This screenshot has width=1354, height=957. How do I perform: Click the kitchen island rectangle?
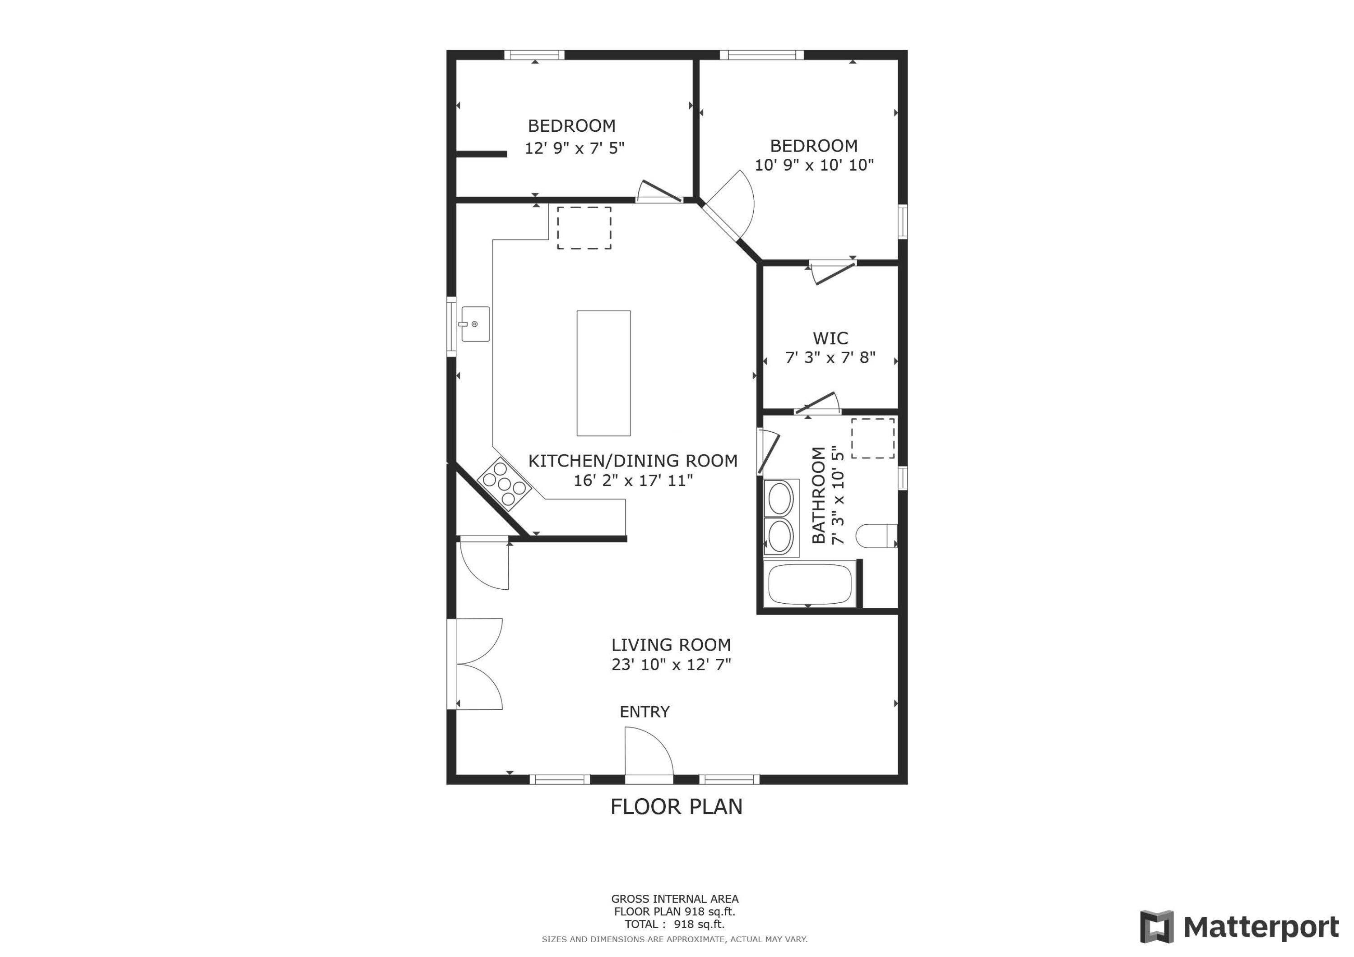pos(603,373)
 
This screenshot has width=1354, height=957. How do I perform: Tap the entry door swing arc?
pos(649,752)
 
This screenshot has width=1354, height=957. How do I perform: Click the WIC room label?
pos(830,338)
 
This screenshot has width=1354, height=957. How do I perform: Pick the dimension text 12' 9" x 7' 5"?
pos(575,148)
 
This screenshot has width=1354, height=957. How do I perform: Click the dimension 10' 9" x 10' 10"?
pos(814,165)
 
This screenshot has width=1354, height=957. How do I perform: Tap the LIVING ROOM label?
pos(671,645)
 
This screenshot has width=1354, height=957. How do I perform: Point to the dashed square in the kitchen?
pos(584,227)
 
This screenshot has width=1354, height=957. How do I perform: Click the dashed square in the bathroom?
pos(872,438)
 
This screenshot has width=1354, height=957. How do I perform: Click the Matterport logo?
pos(1239,927)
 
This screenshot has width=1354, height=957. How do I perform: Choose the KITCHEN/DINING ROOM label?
pos(632,461)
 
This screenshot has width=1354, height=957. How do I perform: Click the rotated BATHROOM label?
pos(819,495)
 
